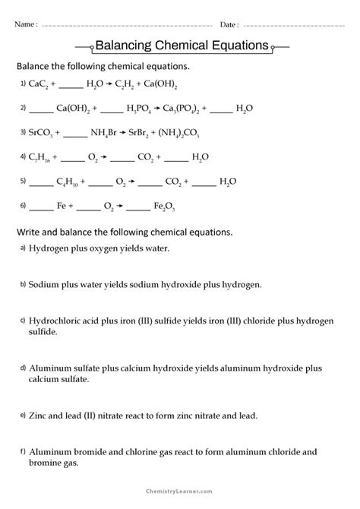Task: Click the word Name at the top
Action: [x=24, y=24]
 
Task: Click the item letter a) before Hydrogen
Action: [x=23, y=248]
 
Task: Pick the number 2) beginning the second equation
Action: [x=23, y=109]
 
